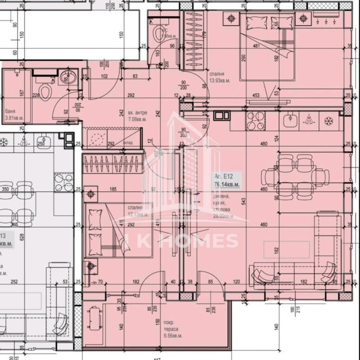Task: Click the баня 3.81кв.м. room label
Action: click(x=13, y=115)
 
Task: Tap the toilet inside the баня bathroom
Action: click(x=44, y=92)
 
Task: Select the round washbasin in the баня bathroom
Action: click(x=65, y=79)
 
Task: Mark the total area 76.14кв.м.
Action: click(x=226, y=184)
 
